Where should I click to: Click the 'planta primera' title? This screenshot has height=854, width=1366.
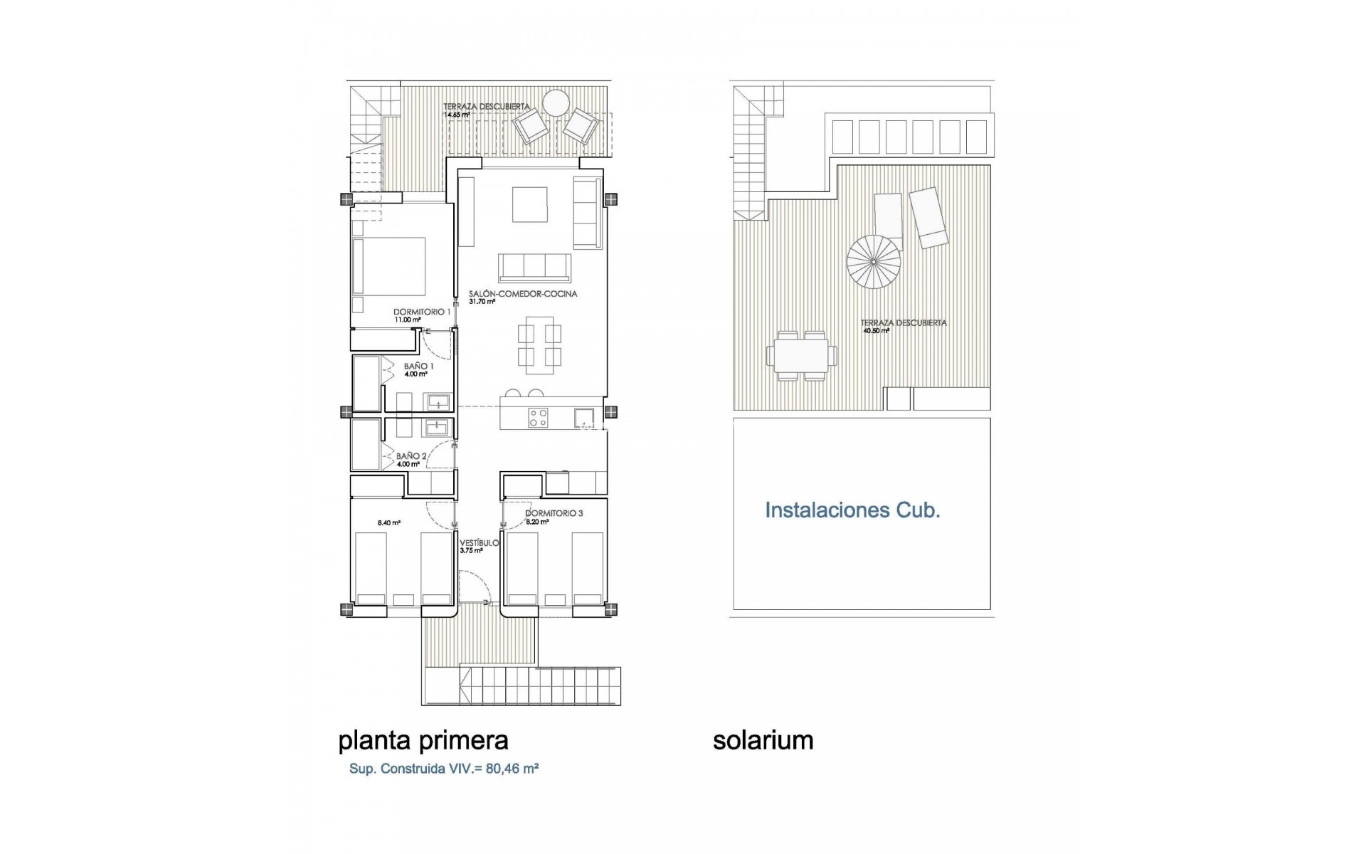(x=423, y=741)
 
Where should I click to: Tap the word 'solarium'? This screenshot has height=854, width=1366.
(x=763, y=741)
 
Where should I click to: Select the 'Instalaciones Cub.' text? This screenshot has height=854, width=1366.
(x=852, y=510)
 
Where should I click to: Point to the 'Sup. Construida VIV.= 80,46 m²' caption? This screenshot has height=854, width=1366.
(x=443, y=769)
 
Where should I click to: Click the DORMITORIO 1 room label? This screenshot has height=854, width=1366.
(x=422, y=312)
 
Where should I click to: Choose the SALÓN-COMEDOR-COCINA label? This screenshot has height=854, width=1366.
(x=523, y=293)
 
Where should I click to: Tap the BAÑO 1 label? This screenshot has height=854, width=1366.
(x=418, y=367)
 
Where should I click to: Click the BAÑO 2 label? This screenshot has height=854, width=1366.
(x=411, y=456)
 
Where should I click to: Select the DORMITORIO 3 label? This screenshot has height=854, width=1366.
(x=554, y=513)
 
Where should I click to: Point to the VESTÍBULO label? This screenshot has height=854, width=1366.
(x=479, y=543)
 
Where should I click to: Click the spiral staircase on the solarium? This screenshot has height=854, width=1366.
(x=873, y=263)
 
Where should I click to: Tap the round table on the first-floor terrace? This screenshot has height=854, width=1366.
(x=555, y=103)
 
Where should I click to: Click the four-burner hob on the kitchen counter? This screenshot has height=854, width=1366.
(x=538, y=418)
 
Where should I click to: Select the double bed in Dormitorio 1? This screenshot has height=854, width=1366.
(x=390, y=267)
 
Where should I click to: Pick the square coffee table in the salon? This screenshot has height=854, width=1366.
(x=530, y=205)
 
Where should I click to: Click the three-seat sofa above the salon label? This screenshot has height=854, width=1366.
(x=534, y=267)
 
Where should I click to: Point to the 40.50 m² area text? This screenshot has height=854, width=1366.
(x=876, y=331)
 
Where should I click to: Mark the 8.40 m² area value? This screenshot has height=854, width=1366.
(x=388, y=523)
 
